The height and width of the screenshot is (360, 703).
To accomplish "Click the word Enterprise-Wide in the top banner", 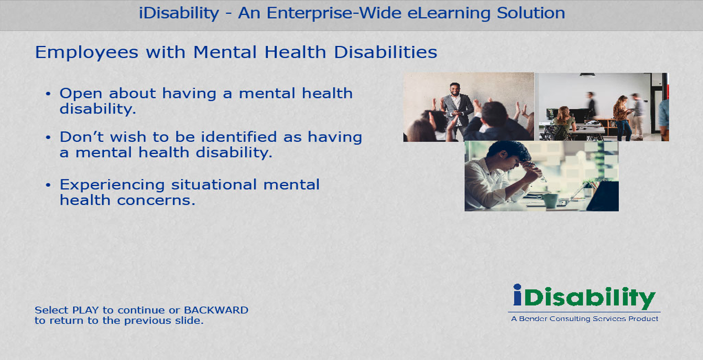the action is click(334, 14).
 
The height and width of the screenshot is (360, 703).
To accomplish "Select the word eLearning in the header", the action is click(448, 14).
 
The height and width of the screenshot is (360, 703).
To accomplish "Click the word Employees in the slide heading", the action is click(86, 53).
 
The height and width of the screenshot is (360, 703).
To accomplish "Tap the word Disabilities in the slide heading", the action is click(385, 52).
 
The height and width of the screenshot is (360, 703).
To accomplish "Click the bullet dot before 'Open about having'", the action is click(48, 94).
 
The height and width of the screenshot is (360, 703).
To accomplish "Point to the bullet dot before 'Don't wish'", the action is click(48, 137).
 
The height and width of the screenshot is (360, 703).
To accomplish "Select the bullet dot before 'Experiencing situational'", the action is click(48, 185).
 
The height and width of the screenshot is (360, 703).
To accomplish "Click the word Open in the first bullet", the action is click(81, 94).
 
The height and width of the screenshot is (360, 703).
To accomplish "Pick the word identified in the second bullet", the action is click(239, 137).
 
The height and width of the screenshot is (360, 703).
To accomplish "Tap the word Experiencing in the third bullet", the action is click(112, 186).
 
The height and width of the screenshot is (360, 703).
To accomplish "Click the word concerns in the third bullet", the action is click(156, 200).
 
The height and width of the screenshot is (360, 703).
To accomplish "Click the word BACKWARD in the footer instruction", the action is click(216, 310).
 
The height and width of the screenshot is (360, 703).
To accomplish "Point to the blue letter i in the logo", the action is click(517, 295).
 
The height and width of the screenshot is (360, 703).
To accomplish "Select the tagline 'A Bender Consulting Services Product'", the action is click(585, 319).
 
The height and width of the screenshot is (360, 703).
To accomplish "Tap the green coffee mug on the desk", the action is click(550, 200).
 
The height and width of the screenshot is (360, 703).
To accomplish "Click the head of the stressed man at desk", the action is click(509, 155).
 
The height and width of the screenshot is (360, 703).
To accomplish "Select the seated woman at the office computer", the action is click(564, 123).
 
